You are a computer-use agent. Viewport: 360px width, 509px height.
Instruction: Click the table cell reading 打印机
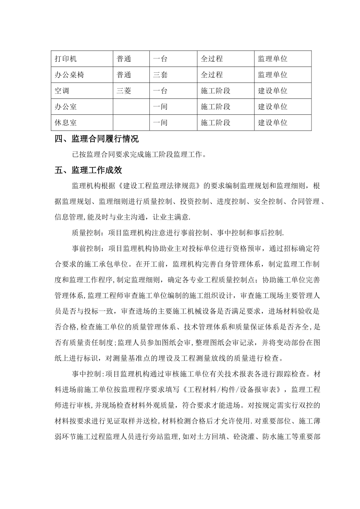pos(66,59)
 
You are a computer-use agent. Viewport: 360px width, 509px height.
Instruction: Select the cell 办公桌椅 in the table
pos(69,75)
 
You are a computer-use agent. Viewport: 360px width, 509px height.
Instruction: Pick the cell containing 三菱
pos(124,91)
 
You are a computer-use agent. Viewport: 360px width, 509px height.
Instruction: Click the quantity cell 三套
pos(160,75)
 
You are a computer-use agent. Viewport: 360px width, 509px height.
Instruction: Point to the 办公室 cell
pos(66,107)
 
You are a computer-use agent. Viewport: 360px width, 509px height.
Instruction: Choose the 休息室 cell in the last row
pos(66,123)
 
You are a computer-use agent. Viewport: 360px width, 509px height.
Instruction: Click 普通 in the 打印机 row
pos(124,59)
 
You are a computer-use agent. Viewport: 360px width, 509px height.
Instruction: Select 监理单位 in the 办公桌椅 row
pos(273,75)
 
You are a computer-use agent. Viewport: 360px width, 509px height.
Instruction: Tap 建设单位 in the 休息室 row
pos(273,123)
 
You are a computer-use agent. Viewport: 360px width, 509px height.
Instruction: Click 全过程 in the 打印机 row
pos(212,59)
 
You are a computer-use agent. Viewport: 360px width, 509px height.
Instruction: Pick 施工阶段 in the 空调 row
pos(216,91)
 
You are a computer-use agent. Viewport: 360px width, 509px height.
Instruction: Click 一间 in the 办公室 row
pos(160,107)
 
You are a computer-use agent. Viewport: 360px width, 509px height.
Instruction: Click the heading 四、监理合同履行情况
pos(97,139)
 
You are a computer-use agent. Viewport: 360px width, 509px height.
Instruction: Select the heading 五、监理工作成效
pos(88,170)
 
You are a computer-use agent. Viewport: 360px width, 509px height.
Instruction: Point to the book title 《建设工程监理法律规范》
pos(159,186)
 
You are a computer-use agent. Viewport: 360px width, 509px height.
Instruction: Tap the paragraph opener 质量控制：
pos(89,233)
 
